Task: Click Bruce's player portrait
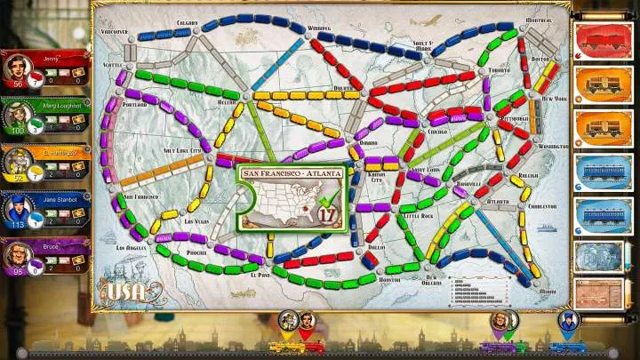click(20, 256)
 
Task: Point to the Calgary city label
click(187, 22)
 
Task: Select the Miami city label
click(548, 291)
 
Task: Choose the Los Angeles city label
click(132, 247)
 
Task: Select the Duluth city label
click(343, 88)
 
